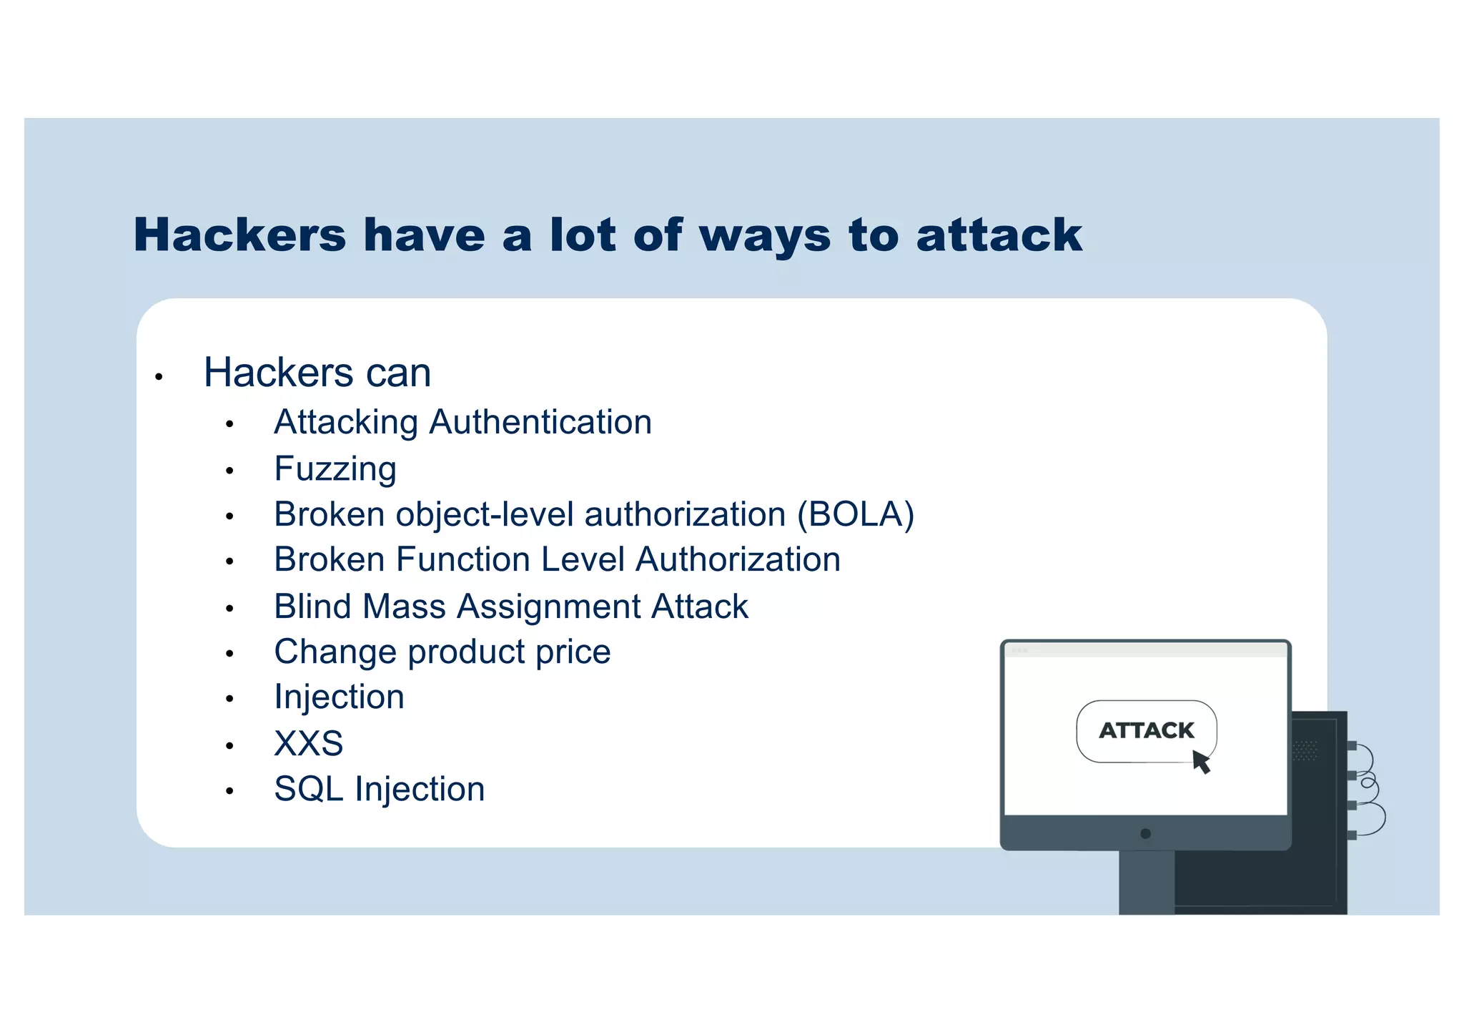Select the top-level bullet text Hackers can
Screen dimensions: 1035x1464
click(x=317, y=373)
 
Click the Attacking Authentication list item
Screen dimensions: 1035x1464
click(x=463, y=422)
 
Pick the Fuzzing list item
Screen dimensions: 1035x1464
click(x=335, y=469)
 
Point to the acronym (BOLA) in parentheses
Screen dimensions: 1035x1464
click(x=856, y=514)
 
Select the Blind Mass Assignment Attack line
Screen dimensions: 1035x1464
click(x=510, y=607)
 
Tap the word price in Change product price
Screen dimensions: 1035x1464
click(x=573, y=652)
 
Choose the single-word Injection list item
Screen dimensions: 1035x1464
click(x=339, y=697)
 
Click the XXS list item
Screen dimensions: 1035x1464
click(x=308, y=744)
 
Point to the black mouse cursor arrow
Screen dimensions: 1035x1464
click(x=1201, y=761)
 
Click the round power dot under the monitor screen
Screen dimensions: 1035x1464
click(x=1145, y=833)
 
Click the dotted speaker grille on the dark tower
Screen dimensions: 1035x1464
click(x=1305, y=750)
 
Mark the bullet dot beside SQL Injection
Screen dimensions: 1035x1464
click(x=229, y=791)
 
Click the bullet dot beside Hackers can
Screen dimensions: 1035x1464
click(x=159, y=376)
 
